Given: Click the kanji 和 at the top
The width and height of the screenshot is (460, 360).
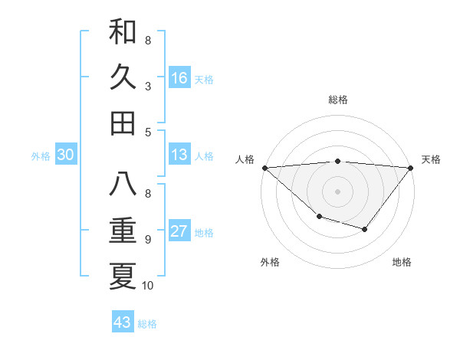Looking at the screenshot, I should pos(123,32).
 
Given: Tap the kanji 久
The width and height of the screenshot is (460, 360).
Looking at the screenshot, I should pos(123,77).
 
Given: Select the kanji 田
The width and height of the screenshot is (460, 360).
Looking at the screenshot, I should pos(123,123).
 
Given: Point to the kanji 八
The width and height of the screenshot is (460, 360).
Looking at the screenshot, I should pos(123,184).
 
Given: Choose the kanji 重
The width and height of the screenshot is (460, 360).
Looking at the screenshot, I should pos(123,230).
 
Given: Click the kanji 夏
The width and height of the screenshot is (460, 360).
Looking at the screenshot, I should pos(123,276).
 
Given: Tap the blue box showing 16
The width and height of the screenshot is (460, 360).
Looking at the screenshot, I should pos(179,77).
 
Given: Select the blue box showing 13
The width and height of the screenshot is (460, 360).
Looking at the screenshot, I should pos(179,155).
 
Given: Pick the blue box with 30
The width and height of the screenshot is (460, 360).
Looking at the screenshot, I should pos(65,155).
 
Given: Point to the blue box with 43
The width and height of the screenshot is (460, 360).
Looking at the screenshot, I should pos(123,322).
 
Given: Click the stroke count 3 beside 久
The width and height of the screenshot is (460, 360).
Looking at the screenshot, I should pos(147,86).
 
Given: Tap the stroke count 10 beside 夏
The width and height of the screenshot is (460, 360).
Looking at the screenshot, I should pos(148,286).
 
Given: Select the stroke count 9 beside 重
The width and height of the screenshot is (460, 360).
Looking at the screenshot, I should pos(147,240).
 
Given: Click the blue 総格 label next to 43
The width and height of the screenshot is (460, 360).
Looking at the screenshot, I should pos(147,324).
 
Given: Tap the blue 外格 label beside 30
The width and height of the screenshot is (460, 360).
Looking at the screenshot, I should pos(41,156).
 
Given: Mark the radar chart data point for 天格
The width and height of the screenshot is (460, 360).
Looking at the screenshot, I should pos(411,167).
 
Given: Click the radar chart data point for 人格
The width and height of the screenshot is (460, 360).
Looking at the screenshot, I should pos(264,167).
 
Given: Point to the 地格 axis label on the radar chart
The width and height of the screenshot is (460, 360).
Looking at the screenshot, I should pos(402,262).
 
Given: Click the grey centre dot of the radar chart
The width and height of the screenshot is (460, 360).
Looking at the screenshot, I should pos(337,191).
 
